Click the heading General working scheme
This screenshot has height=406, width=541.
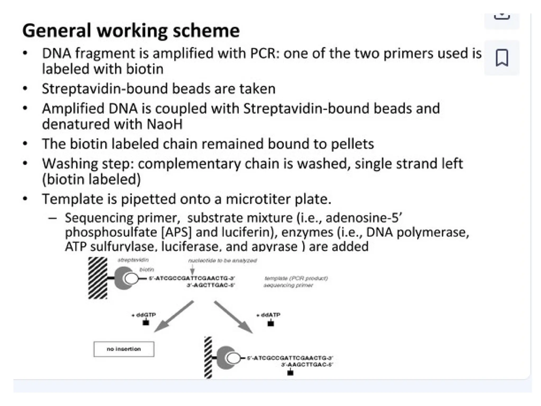131,31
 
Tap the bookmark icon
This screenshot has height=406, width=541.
502,58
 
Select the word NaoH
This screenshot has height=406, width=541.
165,124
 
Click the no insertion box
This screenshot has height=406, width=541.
124,349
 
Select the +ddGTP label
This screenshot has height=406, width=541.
144,315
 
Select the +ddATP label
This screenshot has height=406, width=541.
268,315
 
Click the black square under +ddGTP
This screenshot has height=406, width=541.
146,323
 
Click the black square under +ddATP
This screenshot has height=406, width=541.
271,324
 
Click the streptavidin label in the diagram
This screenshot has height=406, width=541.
133,260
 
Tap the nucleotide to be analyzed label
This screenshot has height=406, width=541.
222,261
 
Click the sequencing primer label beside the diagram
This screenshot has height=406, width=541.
288,285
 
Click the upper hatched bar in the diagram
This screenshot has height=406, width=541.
98,278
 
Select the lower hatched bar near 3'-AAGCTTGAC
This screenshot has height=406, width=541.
208,358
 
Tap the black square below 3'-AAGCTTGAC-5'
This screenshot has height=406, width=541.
290,373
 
